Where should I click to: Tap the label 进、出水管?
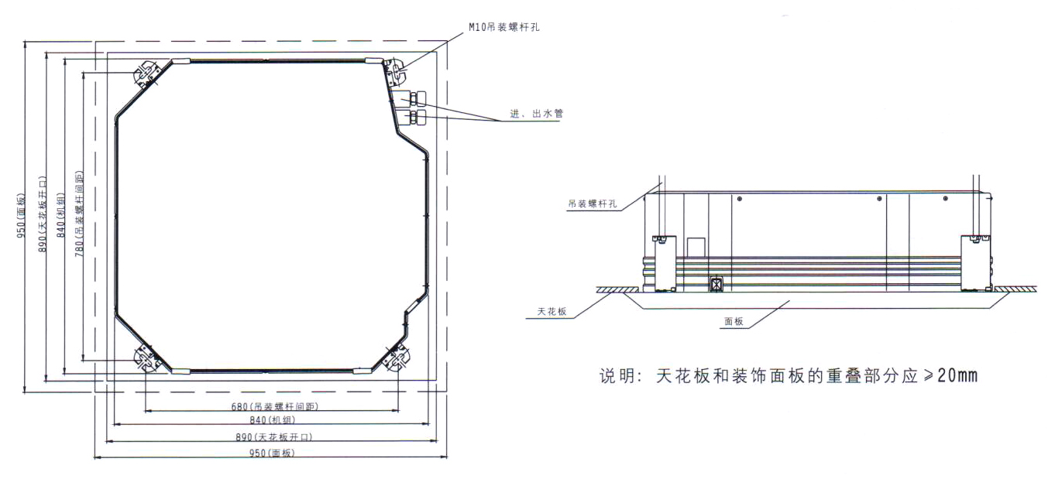(x=542, y=114)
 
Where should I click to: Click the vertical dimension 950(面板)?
(x=23, y=216)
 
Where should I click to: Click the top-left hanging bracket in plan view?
(x=146, y=75)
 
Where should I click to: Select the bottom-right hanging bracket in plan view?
(x=397, y=359)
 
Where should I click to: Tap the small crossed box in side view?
(x=717, y=284)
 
